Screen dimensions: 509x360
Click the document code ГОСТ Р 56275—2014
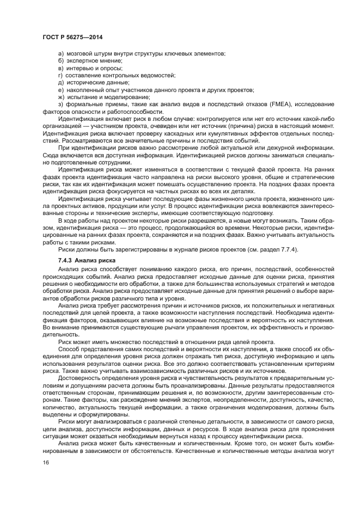[x=72, y=36]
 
